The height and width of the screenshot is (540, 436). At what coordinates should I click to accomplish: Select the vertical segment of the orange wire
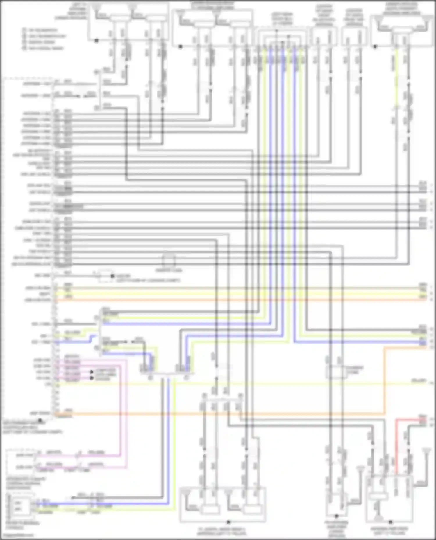pyautogui.click(x=385, y=380)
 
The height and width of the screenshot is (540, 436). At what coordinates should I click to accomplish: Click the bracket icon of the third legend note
pyautogui.click(x=24, y=42)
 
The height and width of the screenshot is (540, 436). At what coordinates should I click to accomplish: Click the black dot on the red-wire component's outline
pyautogui.click(x=390, y=522)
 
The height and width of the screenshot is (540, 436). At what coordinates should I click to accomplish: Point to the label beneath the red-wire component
pyautogui.click(x=389, y=531)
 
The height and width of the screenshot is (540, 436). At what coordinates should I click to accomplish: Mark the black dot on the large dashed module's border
pyautogui.click(x=40, y=420)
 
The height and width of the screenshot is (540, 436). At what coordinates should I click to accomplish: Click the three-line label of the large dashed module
pyautogui.click(x=32, y=427)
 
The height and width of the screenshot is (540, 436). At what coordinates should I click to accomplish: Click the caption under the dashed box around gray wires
pyautogui.click(x=169, y=270)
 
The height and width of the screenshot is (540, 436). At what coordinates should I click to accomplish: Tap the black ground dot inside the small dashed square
pyautogui.click(x=112, y=276)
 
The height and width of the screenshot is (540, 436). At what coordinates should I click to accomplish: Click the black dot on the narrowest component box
pyautogui.click(x=337, y=516)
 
